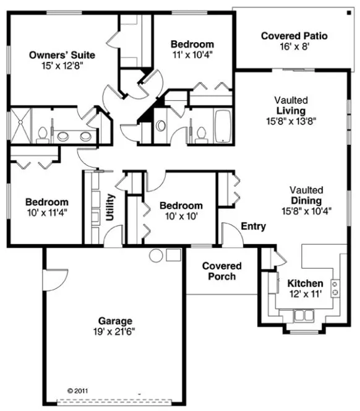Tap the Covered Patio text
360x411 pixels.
(x=294, y=37)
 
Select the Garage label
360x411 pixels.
(x=116, y=321)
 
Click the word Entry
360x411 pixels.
(x=253, y=227)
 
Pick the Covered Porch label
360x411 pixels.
(x=221, y=271)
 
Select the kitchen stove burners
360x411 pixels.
(x=335, y=288)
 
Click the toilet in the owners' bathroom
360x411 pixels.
(x=43, y=134)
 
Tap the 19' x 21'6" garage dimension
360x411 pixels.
(x=116, y=331)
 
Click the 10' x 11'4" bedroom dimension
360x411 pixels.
(x=46, y=212)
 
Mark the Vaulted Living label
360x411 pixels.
(x=291, y=110)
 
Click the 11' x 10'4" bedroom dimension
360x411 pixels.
(x=192, y=54)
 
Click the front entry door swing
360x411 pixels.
(x=230, y=236)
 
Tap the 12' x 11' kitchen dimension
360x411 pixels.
(x=305, y=295)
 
